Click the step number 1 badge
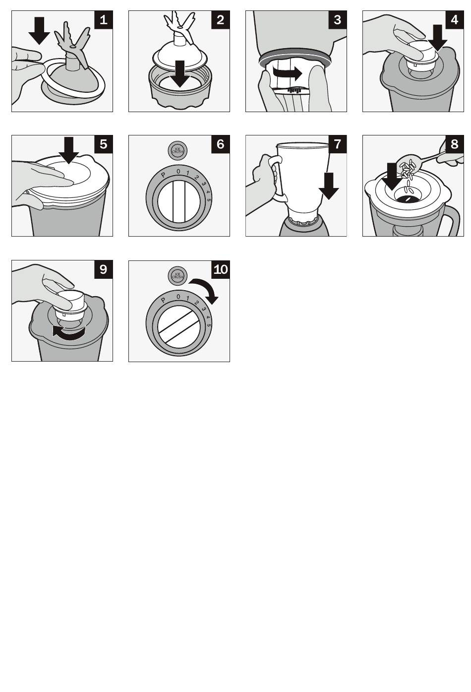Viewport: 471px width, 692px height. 104,20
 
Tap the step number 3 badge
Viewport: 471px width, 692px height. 337,20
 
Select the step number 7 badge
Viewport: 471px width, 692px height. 337,144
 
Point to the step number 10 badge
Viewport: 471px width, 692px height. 221,269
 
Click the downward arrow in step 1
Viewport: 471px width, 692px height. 39,31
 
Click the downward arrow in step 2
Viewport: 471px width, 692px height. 180,73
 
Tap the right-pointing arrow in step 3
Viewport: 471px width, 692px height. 287,73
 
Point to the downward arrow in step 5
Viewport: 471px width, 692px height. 69,150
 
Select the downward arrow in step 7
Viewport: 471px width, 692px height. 329,186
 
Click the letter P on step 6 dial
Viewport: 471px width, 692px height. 163,175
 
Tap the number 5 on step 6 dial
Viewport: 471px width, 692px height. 209,200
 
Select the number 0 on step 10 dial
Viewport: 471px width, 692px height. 178,297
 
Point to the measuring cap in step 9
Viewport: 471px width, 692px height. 69,306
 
